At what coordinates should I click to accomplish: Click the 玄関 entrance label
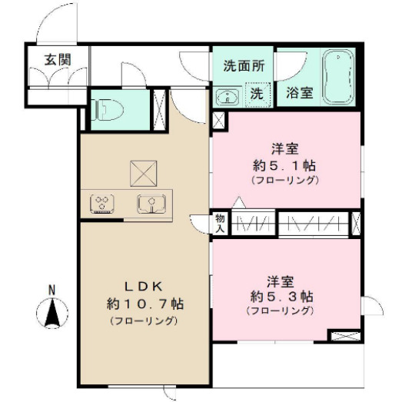pos(55,60)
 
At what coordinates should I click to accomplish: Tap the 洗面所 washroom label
pos(244,66)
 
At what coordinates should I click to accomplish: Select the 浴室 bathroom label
pos(300,93)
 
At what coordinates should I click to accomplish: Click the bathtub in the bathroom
pos(337,78)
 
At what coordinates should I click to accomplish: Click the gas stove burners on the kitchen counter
pos(101,204)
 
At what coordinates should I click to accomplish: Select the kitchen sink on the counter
pos(151,204)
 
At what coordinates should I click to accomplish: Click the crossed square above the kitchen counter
pos(142,172)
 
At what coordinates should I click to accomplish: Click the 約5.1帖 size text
pos(284,164)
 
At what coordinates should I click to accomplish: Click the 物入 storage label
pos(220,223)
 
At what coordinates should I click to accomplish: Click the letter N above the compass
pos(51,290)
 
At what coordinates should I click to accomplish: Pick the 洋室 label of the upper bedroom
pos(284,148)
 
